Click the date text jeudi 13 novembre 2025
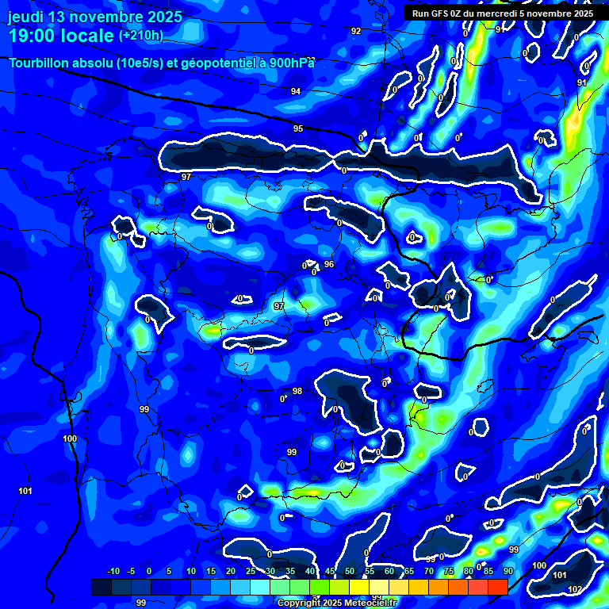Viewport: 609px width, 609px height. (x=95, y=17)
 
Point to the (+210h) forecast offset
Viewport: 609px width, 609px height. (x=141, y=35)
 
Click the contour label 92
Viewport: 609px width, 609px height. (x=356, y=31)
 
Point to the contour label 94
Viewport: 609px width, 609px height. (x=296, y=92)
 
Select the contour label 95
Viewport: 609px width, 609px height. (x=298, y=128)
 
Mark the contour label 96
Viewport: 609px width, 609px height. (x=329, y=264)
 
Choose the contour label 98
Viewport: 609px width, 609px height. (x=297, y=391)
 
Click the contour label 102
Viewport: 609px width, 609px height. (x=575, y=589)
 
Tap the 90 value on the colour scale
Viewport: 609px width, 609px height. (x=507, y=571)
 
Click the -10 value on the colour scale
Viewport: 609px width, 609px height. (x=113, y=571)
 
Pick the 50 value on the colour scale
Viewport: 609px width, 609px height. (x=350, y=571)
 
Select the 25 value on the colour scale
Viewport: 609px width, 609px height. (x=251, y=571)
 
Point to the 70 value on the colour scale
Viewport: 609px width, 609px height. (x=429, y=571)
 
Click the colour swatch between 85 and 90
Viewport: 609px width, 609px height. (x=497, y=587)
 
